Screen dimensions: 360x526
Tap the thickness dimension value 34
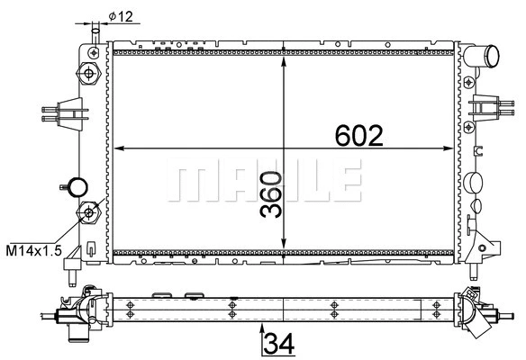pyautogui.click(x=280, y=343)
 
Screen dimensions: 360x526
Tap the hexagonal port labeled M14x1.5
pyautogui.click(x=89, y=214)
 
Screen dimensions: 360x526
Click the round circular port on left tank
pyautogui.click(x=79, y=187)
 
